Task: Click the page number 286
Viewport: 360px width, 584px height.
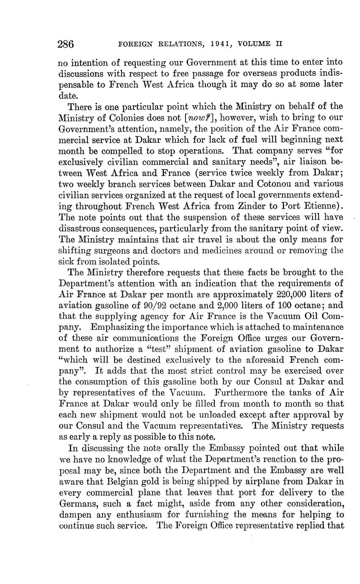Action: (66, 44)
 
